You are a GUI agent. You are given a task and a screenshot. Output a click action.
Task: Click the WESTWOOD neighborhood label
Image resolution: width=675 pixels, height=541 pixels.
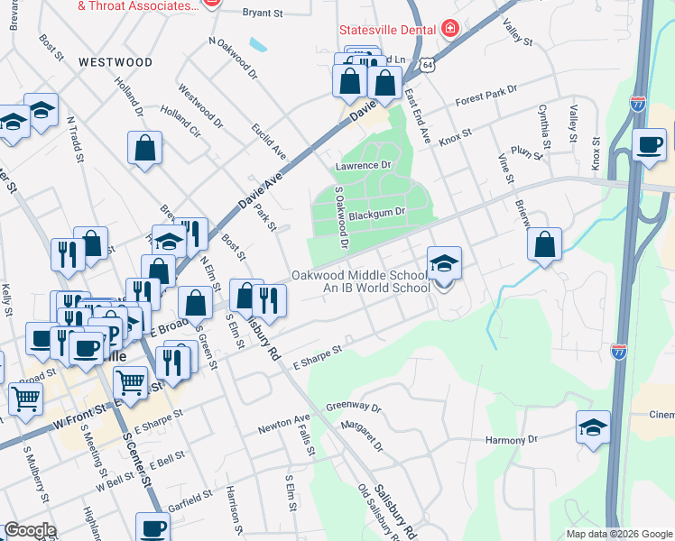115,62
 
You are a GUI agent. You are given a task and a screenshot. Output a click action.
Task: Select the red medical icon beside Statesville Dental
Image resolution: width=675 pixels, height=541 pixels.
449,29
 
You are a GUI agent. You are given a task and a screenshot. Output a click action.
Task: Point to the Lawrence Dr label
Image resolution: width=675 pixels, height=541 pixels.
362,166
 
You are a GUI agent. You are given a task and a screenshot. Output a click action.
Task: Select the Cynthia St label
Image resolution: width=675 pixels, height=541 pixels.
544,125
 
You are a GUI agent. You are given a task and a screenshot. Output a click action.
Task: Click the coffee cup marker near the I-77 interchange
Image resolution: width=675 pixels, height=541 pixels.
649,143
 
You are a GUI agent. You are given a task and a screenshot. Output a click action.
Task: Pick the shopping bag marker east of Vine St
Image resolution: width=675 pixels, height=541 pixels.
544,243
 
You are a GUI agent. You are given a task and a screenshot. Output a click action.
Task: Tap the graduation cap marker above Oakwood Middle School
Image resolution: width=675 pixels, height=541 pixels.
444,262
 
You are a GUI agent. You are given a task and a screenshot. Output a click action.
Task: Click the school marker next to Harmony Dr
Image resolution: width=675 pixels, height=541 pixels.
593,426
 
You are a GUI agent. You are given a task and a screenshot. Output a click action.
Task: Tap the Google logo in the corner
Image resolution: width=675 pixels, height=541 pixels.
29,530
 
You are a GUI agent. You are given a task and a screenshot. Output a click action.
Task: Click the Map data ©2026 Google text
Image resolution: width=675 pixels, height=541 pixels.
618,534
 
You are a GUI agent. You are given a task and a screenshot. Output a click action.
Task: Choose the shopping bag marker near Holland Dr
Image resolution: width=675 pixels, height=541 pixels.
144,148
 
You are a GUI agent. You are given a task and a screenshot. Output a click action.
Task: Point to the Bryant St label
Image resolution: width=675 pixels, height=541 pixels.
264,14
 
